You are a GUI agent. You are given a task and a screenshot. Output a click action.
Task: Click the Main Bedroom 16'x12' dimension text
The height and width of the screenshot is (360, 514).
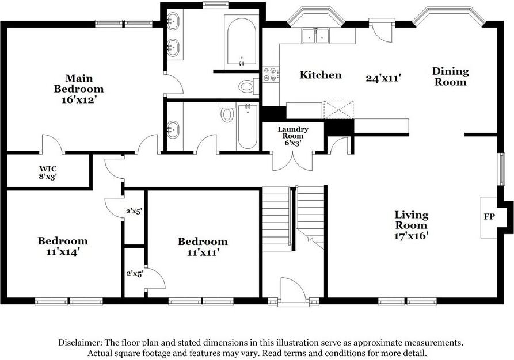pyautogui.click(x=78, y=99)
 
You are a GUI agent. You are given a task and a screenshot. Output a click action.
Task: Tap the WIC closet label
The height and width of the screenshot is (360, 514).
pyautogui.click(x=48, y=169)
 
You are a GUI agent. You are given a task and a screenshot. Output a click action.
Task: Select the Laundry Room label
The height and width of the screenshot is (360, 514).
pyautogui.click(x=293, y=132)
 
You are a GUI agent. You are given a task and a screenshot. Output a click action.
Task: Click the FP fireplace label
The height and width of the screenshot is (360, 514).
pyautogui.click(x=489, y=217)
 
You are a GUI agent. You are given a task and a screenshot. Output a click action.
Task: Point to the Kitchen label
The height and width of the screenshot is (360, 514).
pyautogui.click(x=321, y=75)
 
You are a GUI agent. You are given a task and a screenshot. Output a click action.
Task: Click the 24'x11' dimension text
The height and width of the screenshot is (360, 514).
pyautogui.click(x=383, y=78)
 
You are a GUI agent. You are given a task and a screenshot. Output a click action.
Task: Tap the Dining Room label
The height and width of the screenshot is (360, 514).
pyautogui.click(x=451, y=76)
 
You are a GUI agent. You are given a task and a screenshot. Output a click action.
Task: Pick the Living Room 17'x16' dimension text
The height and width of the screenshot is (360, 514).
pyautogui.click(x=412, y=236)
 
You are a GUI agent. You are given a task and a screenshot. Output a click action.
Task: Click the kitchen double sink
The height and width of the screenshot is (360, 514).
pyautogui.click(x=315, y=36)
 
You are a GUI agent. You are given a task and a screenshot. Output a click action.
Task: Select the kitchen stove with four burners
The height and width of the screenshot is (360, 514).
pyautogui.click(x=271, y=74)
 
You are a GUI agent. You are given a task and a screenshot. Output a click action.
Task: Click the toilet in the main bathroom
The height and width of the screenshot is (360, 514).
pyautogui.click(x=249, y=86)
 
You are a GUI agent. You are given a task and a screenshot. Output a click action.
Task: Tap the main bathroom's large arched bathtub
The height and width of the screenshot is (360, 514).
pyautogui.click(x=242, y=41)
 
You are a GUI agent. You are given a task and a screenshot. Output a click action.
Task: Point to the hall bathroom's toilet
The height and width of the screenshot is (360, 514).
pyautogui.click(x=227, y=112)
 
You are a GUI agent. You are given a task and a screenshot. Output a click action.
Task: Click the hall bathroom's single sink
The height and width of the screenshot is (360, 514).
pyautogui.click(x=173, y=130)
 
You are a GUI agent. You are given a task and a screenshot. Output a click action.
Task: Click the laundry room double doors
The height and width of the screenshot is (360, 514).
pyautogui.click(x=293, y=161)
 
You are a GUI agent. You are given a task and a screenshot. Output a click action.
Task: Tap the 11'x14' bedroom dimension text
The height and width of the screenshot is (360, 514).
pyautogui.click(x=63, y=252)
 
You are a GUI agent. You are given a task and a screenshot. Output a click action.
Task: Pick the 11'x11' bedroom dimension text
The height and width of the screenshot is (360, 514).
pyautogui.click(x=203, y=252)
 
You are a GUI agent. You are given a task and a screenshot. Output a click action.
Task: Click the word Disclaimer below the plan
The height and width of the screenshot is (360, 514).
pyautogui.click(x=79, y=343)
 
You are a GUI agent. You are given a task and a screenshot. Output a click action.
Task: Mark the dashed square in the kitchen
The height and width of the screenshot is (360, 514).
pyautogui.click(x=338, y=109)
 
